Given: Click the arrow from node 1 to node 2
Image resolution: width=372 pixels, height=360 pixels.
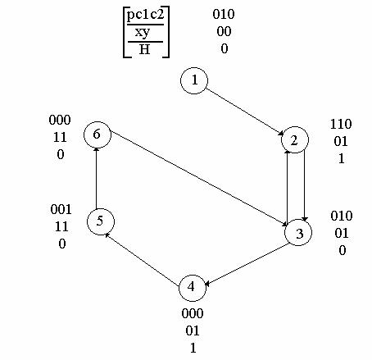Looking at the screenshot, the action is (x=245, y=112).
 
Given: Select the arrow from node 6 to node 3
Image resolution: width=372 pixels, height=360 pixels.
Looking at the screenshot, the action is (x=199, y=179).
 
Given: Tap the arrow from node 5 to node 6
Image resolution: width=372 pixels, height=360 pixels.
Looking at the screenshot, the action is (x=96, y=178).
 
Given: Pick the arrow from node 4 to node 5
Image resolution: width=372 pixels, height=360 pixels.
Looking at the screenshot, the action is (x=143, y=260).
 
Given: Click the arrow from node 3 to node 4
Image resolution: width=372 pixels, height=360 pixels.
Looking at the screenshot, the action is (x=247, y=264).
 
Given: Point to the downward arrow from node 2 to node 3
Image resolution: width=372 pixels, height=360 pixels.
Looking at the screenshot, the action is (x=305, y=185).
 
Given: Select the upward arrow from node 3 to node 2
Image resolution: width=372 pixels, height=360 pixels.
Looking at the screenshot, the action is (x=287, y=186).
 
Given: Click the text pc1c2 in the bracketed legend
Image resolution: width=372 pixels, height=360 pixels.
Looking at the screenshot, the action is (x=146, y=15).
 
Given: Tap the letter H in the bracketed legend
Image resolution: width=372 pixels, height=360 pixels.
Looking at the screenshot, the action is (x=144, y=49).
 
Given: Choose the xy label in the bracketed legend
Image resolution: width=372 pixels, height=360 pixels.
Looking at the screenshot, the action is (x=143, y=33).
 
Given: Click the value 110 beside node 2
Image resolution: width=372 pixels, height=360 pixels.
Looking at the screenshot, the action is (x=341, y=125).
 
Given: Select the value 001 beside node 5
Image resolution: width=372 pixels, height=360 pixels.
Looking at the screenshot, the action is (x=61, y=210).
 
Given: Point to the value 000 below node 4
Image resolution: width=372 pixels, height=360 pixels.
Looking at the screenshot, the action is (x=193, y=313).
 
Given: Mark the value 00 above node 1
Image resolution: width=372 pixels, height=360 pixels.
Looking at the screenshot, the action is (x=224, y=32).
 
